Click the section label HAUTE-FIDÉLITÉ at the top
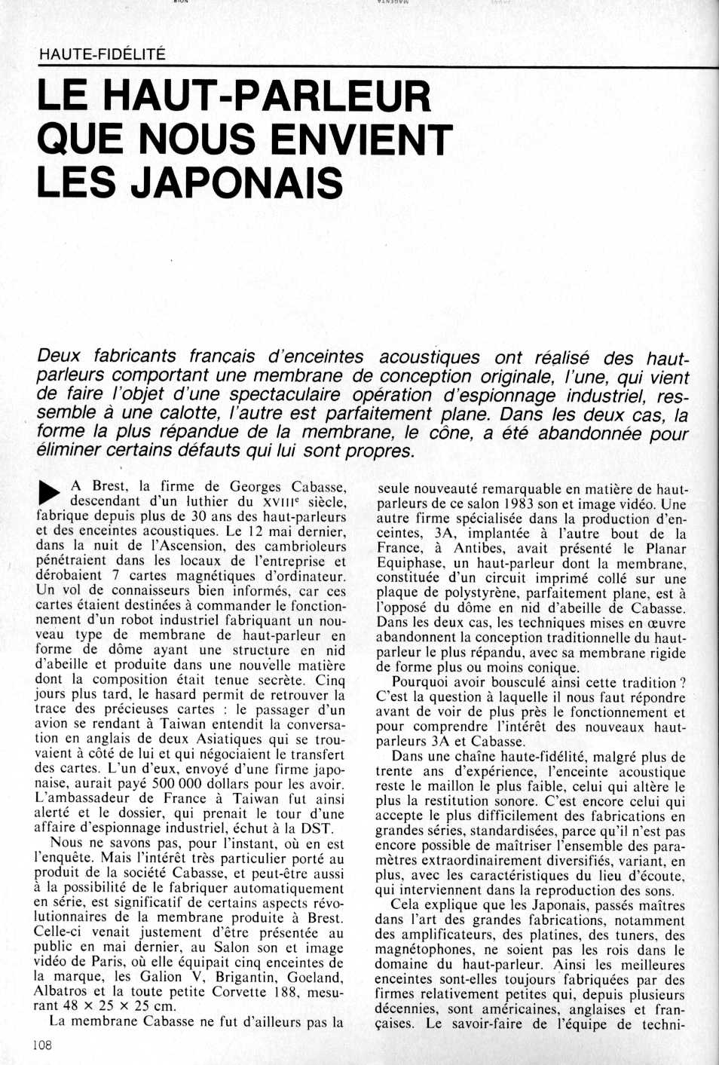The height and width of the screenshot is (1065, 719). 102,54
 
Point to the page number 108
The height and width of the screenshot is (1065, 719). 42,1045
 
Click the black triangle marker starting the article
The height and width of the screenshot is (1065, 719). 49,492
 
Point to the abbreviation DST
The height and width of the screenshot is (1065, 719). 317,828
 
